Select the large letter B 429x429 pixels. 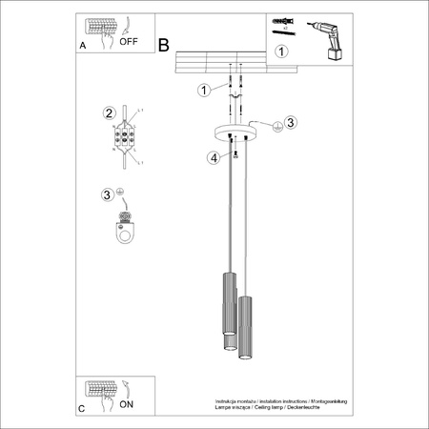pos(163,45)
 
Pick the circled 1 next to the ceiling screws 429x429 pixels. pos(202,91)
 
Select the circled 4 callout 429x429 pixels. pos(214,157)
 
